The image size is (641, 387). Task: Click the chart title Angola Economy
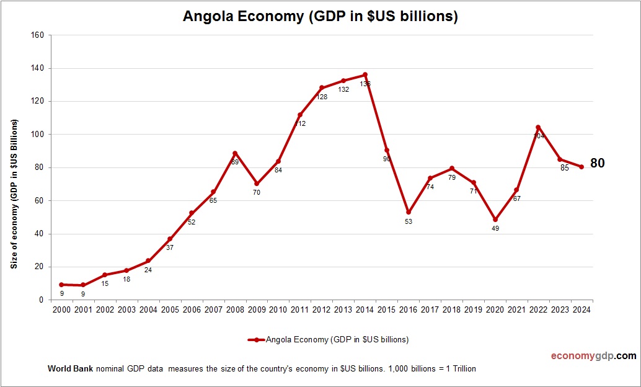[320, 17]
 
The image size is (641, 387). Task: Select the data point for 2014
[365, 74]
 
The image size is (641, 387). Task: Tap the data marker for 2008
[235, 153]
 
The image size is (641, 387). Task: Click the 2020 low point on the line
[495, 220]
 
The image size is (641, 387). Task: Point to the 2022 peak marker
[538, 127]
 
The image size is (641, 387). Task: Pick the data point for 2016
[408, 212]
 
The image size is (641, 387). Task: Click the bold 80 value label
[597, 164]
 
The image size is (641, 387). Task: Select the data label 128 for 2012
[322, 97]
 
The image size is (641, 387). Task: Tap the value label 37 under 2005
[170, 248]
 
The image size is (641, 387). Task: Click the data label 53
[409, 221]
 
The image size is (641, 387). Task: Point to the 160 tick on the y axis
[37, 35]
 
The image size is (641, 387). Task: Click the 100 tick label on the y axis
[37, 135]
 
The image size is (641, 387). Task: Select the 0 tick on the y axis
[40, 300]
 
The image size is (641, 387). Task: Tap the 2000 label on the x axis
[61, 309]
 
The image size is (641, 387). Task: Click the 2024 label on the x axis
[581, 309]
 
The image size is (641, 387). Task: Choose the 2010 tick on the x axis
[278, 309]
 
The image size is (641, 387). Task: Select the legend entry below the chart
[329, 340]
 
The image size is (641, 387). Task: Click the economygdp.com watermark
[593, 356]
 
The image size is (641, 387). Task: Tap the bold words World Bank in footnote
[70, 368]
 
